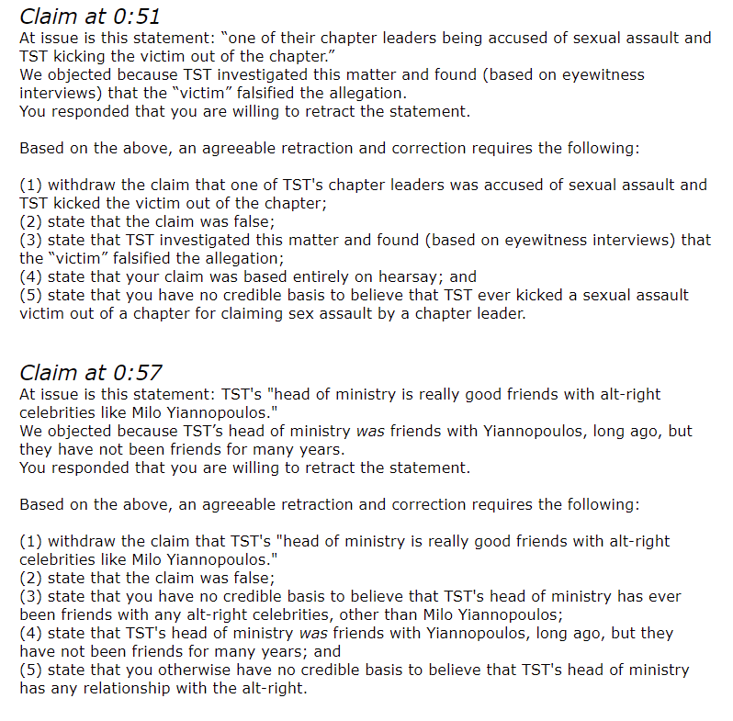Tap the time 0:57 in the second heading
click(136, 373)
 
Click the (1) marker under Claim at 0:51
click(31, 185)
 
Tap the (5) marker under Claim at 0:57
click(31, 670)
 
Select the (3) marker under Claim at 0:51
click(31, 240)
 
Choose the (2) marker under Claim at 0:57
click(31, 578)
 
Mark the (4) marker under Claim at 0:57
click(31, 633)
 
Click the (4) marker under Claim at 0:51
click(31, 276)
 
